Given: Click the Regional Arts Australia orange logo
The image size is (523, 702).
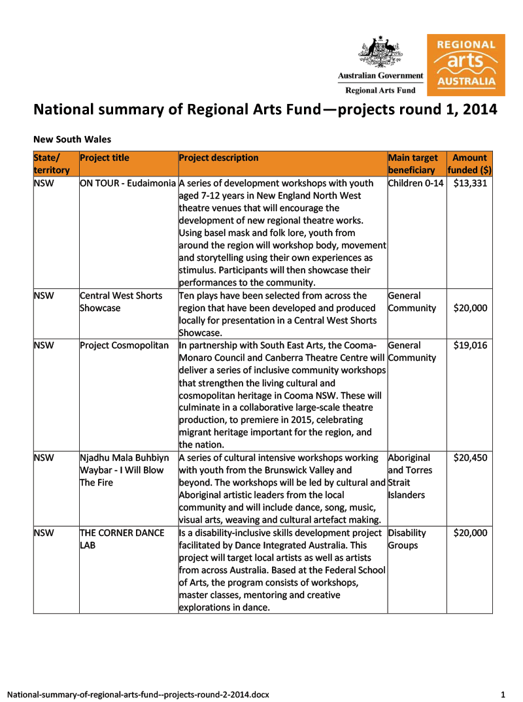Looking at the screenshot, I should pos(465,65).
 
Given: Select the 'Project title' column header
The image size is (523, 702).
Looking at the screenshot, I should pos(105,158).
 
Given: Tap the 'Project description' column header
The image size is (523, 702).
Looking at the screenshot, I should pos(218,158).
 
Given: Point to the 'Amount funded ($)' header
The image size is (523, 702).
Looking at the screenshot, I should pos(469,163).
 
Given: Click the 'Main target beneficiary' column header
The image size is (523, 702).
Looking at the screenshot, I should pos(413,163).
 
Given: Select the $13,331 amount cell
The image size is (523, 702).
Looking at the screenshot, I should pos(470,183).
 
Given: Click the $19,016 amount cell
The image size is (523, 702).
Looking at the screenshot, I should pos(470,345).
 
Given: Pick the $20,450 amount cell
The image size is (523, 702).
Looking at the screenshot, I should pos(470,458).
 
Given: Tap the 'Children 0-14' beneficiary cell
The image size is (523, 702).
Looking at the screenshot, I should pos(416,183).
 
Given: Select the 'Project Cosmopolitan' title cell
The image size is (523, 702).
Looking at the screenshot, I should pos(124,345).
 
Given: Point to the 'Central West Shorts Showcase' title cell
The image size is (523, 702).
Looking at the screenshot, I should pos(121,301).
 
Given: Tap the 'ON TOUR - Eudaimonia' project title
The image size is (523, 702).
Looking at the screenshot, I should pos(128,183).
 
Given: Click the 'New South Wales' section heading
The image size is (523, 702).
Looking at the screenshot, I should pos(72,139).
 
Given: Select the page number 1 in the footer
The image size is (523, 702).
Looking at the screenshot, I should pos(503,694).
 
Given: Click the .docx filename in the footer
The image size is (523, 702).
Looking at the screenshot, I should pos(138,694).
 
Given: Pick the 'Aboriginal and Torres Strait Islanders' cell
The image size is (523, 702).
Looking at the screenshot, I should pos(410,476).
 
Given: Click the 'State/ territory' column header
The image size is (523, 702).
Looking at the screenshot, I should pos(52,163).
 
